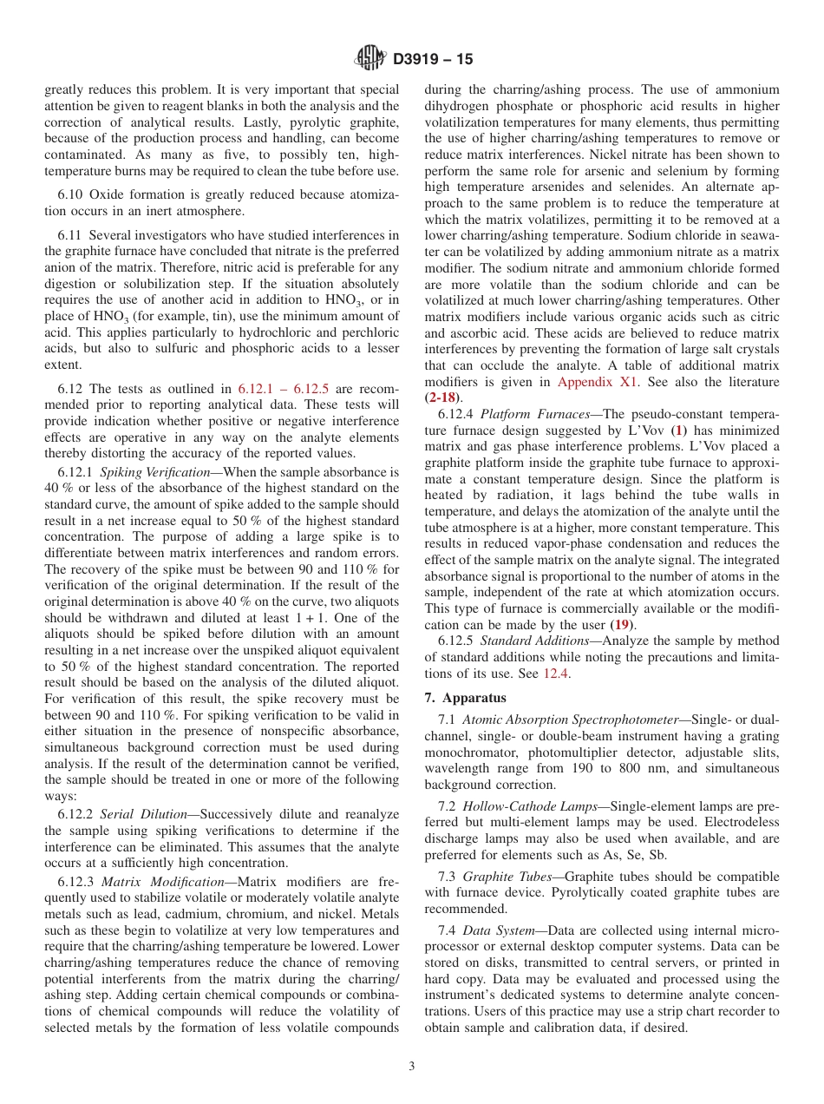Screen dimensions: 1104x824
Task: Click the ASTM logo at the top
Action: point(370,59)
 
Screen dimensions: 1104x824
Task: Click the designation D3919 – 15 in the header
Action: point(433,60)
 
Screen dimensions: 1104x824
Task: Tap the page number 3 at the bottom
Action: point(412,1067)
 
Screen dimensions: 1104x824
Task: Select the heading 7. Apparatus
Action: point(466,698)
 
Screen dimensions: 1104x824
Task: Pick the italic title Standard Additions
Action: point(529,641)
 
